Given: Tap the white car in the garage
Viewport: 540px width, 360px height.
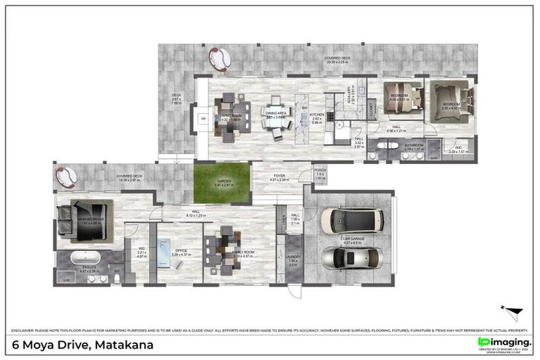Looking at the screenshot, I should pos(342,220).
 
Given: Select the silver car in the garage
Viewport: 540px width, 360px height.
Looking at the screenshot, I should pos(342,257).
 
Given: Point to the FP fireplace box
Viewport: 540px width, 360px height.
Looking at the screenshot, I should pos(203,119).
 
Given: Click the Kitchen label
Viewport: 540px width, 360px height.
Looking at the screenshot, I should pos(317,115).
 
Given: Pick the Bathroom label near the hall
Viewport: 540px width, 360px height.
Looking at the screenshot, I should pos(414,146).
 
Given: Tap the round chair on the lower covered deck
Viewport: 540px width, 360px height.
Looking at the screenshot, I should pos(67,176).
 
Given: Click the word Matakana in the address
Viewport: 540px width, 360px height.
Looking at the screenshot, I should pos(122,345).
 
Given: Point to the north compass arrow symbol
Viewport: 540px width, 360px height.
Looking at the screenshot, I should pos(513,310).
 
